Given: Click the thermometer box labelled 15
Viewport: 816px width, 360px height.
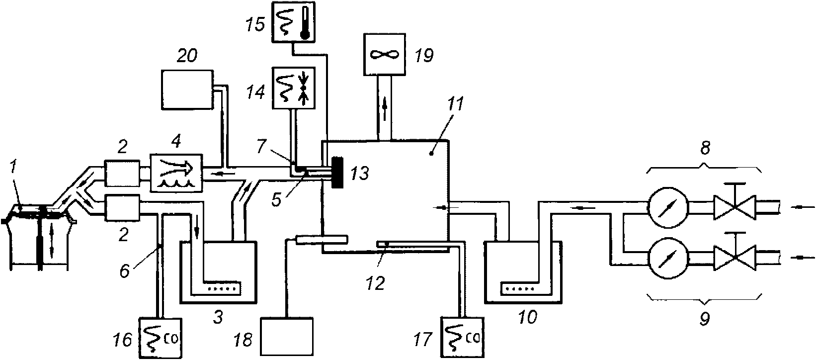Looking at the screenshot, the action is pyautogui.click(x=293, y=21).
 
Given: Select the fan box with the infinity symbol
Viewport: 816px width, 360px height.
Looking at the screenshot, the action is pyautogui.click(x=385, y=55).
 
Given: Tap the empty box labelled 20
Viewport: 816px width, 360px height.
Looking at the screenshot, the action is pyautogui.click(x=187, y=90).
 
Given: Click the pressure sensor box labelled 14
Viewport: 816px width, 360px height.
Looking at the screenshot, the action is pyautogui.click(x=294, y=88).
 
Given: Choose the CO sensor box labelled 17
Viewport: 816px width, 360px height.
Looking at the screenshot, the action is pyautogui.click(x=463, y=338).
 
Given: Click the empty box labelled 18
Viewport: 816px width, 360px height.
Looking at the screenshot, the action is pyautogui.click(x=287, y=337).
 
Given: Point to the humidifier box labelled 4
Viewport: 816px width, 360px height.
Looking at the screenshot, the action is pyautogui.click(x=177, y=173).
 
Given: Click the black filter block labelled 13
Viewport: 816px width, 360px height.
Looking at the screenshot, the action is pyautogui.click(x=338, y=173).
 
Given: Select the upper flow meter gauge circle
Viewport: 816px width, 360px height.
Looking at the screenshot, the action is pyautogui.click(x=668, y=207).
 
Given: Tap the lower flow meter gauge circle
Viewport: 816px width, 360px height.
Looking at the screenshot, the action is pyautogui.click(x=668, y=259).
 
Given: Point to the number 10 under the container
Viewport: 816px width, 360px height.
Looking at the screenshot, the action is pyautogui.click(x=527, y=317).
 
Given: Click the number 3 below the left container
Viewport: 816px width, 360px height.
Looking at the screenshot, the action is pyautogui.click(x=218, y=317).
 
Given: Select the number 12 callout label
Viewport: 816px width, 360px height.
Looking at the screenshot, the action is pyautogui.click(x=375, y=283).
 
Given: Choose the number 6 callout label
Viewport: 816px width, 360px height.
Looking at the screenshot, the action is pyautogui.click(x=125, y=270).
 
